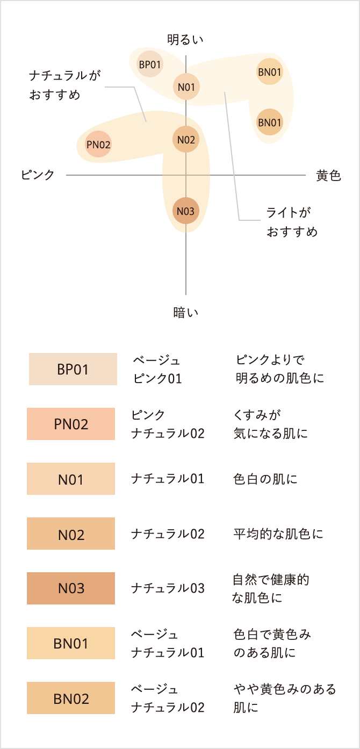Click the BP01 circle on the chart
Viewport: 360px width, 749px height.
[150, 64]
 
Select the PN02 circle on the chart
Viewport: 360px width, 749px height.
[98, 144]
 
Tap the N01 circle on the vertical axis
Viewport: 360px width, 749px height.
[186, 87]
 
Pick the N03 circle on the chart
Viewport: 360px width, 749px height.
[186, 211]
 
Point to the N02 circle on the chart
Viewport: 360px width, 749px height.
[186, 140]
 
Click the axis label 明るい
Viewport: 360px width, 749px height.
[186, 39]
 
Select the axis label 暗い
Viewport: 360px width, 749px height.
[186, 312]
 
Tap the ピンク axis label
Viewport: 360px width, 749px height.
[38, 175]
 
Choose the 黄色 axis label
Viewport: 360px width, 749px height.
[328, 175]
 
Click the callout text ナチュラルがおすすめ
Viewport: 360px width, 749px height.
[64, 85]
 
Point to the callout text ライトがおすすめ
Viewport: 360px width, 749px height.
[292, 222]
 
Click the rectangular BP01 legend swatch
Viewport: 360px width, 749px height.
[73, 369]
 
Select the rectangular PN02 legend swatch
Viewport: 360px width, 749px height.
[71, 424]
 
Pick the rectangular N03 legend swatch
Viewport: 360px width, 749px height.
[71, 588]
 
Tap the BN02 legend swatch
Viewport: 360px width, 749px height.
[71, 698]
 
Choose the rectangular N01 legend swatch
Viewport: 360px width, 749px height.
[71, 479]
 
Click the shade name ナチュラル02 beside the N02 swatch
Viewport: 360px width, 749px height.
[168, 534]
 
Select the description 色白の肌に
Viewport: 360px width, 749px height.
[265, 479]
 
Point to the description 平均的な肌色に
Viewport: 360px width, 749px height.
[278, 534]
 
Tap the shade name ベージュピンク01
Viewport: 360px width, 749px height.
[157, 369]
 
